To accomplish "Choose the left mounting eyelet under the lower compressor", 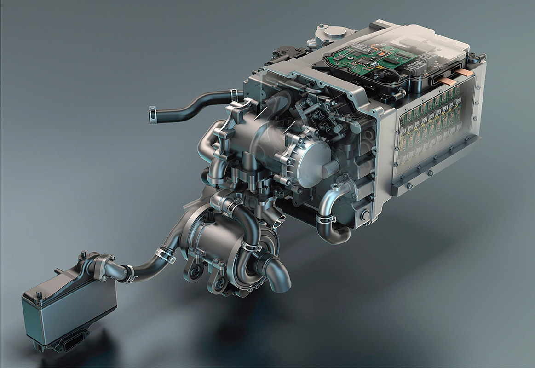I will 193,271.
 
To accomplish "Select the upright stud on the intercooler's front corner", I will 84,255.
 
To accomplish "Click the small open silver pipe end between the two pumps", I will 278,219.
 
